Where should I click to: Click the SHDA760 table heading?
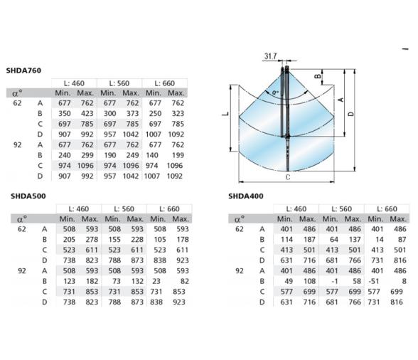(23, 70)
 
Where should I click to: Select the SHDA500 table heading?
(28, 196)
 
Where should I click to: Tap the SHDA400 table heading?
(246, 196)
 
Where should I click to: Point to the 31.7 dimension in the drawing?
(270, 56)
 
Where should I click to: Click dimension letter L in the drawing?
(226, 114)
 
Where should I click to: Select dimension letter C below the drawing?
(288, 177)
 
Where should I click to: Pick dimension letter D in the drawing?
(351, 114)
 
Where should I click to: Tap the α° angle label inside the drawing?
(275, 92)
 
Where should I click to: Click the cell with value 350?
(65, 114)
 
